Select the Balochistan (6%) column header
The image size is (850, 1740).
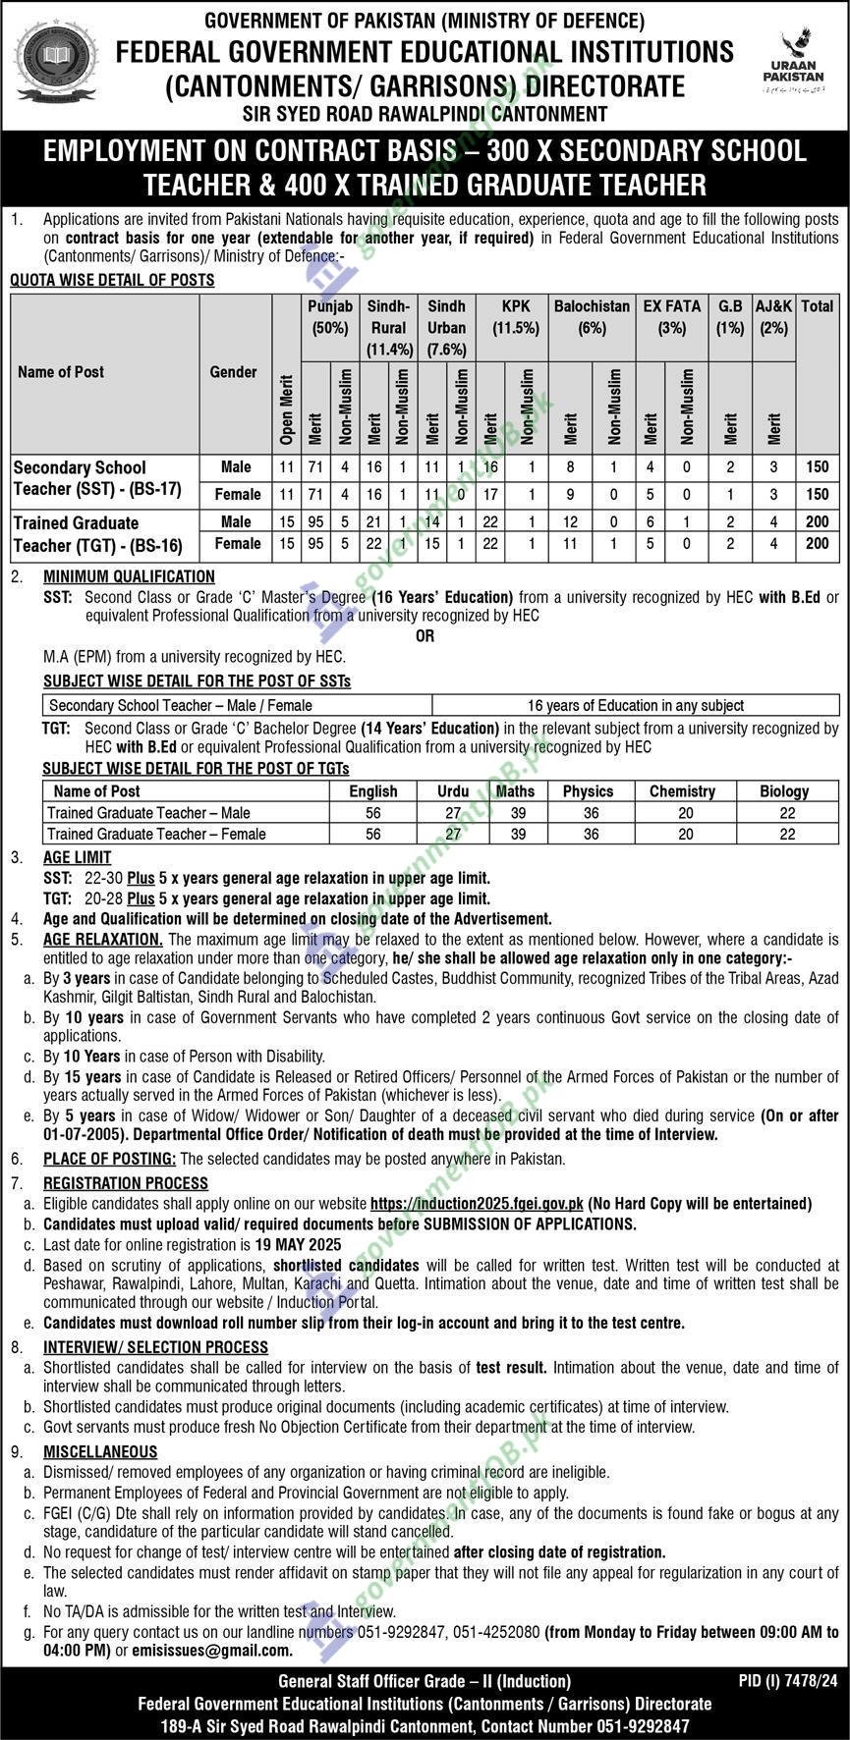click(x=592, y=316)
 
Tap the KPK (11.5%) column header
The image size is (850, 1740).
click(x=515, y=316)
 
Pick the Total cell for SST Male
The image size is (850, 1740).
click(x=817, y=467)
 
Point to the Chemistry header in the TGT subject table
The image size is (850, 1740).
click(x=682, y=790)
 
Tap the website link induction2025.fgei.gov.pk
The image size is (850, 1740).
click(x=477, y=1203)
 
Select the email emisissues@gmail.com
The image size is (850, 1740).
click(x=211, y=1651)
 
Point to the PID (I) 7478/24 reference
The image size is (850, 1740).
click(x=788, y=1681)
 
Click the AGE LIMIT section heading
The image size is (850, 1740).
click(x=77, y=857)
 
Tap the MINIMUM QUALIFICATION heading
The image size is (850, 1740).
click(x=129, y=576)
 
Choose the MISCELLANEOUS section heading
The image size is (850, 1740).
click(x=100, y=1451)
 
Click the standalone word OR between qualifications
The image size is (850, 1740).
click(x=425, y=635)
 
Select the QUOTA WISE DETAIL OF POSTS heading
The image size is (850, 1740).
click(x=112, y=280)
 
